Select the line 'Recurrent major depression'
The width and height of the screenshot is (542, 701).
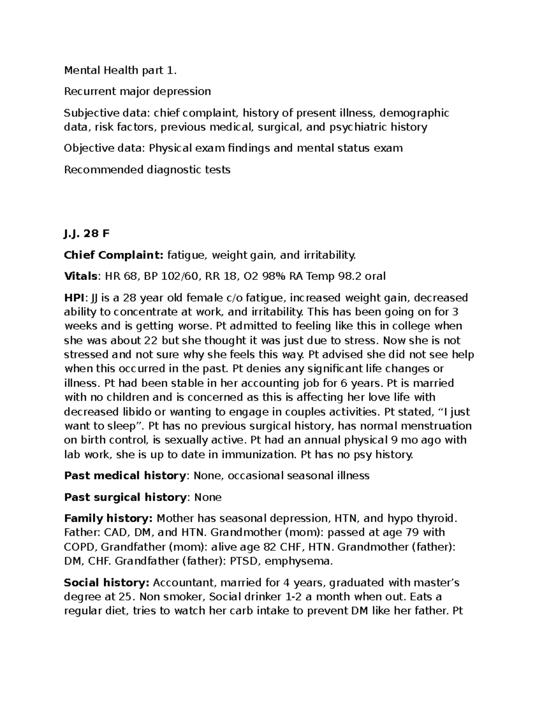pos(137,92)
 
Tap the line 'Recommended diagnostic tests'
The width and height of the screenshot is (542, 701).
pos(147,170)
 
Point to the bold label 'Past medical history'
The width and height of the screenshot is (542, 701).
pos(125,476)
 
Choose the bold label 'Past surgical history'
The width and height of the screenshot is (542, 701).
pos(125,497)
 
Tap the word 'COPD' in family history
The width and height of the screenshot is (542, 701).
pos(80,547)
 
